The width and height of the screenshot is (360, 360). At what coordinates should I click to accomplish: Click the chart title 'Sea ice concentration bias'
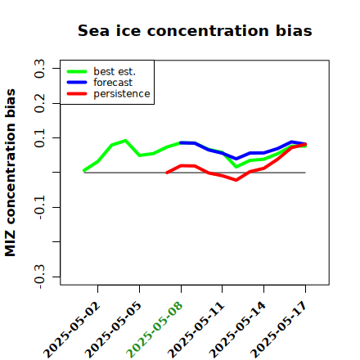[195, 30]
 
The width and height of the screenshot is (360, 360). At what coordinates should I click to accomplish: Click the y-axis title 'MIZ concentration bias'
[11, 173]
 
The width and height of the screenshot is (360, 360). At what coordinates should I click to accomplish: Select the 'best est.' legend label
[115, 71]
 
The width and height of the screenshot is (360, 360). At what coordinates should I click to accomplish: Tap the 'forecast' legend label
[113, 83]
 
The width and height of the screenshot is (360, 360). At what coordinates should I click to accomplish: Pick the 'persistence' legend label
[122, 94]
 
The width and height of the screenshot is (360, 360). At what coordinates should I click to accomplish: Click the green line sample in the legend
[77, 71]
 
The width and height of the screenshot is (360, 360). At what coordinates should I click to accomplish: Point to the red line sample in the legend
[77, 94]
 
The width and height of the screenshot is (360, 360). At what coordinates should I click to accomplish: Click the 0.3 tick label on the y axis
[39, 69]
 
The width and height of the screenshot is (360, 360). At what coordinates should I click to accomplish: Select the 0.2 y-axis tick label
[39, 103]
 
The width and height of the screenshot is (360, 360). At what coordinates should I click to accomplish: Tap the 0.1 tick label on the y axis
[39, 138]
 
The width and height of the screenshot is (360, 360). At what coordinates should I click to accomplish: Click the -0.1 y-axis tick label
[39, 207]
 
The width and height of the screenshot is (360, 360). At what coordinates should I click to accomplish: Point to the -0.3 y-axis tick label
[39, 277]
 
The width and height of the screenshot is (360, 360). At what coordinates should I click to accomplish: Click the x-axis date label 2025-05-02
[72, 330]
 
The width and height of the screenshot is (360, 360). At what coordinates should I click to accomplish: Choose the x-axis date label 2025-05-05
[114, 330]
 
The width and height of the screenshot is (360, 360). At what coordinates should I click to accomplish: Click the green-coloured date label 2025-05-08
[155, 330]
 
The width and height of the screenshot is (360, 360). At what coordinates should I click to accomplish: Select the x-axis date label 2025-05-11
[196, 330]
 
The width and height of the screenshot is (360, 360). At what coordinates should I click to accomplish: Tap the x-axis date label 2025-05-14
[237, 330]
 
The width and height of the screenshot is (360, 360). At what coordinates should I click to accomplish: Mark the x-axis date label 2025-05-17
[279, 330]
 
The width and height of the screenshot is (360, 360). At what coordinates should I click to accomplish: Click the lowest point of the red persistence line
[236, 180]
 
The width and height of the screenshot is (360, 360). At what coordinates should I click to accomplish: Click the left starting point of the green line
[84, 170]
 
